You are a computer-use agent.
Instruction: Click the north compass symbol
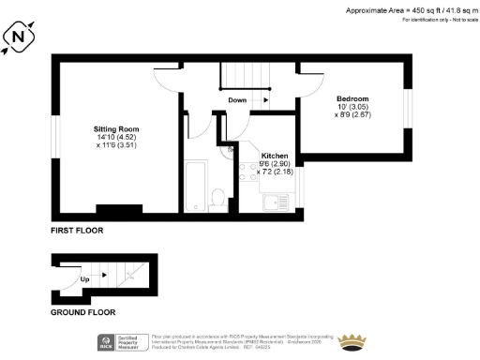(x=21, y=37)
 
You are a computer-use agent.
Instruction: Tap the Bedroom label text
(x=353, y=98)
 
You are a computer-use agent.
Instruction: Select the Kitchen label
(x=275, y=155)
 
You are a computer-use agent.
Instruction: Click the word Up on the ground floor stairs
(x=84, y=278)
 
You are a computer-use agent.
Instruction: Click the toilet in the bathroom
(x=217, y=196)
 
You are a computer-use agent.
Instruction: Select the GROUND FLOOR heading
(x=82, y=312)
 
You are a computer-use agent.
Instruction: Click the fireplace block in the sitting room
(x=119, y=208)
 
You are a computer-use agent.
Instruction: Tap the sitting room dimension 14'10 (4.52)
(x=116, y=139)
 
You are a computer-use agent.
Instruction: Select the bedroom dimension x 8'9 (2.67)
(x=353, y=117)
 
